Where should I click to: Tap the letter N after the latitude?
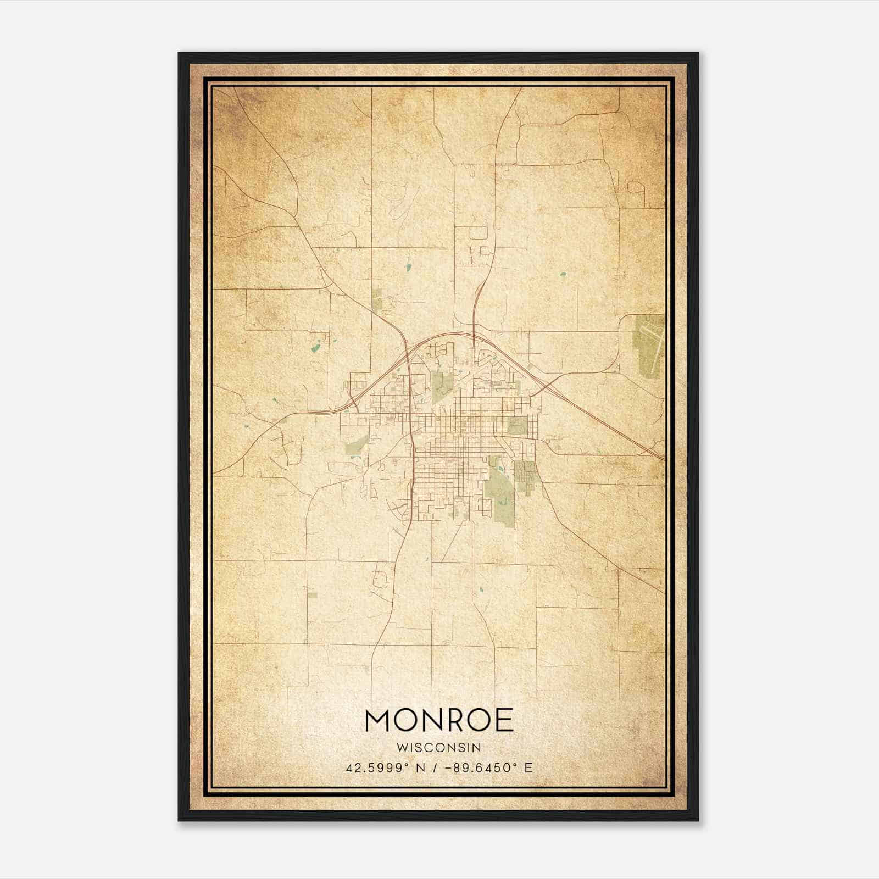[x=420, y=768]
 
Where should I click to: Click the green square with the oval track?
[x=516, y=425]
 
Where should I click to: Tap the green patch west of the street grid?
[x=356, y=446]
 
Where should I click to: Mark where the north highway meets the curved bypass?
[x=474, y=333]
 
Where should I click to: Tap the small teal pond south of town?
[x=481, y=591]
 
